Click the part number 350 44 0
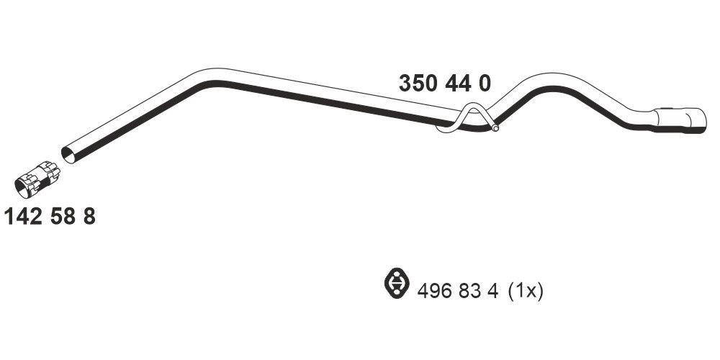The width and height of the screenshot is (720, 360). pos(444,84)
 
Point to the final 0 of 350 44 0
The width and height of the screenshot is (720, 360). pos(485,84)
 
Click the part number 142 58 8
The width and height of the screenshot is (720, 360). pos(50,216)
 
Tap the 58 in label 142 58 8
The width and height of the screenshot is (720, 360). pos(63,216)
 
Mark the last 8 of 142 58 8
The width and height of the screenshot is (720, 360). pos(89,216)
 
